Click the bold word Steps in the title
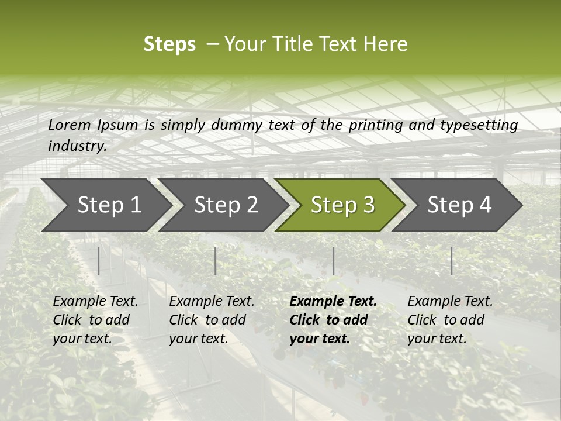(169, 44)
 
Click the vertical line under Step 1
(99, 261)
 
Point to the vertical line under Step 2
(216, 261)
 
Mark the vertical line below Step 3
(333, 261)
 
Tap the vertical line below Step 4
(451, 261)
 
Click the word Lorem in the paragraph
(70, 125)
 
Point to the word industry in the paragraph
(77, 146)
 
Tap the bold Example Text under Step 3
(333, 301)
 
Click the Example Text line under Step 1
(95, 301)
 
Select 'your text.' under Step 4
(437, 339)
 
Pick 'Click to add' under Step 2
(207, 320)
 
